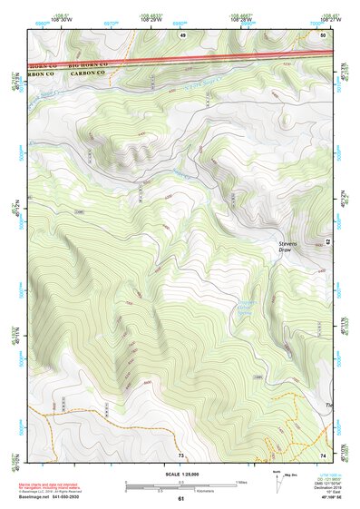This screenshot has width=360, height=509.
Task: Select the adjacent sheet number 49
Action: pos(182,34)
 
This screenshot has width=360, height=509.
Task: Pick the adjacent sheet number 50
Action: pos(323,34)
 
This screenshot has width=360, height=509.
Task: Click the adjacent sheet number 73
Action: pos(180,455)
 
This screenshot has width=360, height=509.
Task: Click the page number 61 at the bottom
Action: pos(180,498)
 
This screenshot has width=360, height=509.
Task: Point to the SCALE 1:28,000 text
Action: pos(180,475)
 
